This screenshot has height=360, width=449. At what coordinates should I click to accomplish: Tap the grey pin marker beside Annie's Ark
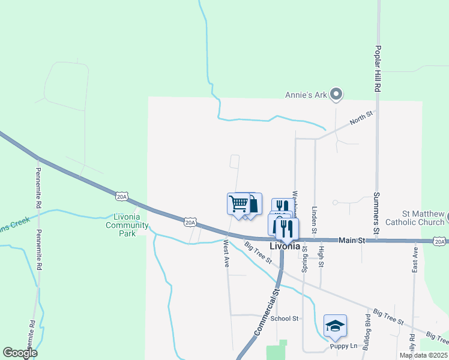click(337, 94)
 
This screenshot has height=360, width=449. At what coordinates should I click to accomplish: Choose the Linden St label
click(314, 218)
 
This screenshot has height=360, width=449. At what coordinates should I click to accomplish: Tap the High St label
click(322, 256)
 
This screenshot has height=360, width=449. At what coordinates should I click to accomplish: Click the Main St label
click(352, 240)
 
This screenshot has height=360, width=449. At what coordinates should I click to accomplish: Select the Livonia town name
click(284, 246)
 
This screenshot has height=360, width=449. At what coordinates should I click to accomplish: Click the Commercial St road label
click(268, 311)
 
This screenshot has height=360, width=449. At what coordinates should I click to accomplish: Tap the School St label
click(285, 319)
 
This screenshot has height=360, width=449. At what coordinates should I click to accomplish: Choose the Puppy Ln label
click(343, 346)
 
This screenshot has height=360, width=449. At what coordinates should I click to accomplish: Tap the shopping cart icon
click(239, 204)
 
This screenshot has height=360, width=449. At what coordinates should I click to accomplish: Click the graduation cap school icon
click(335, 326)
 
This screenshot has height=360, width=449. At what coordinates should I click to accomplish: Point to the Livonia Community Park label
click(127, 225)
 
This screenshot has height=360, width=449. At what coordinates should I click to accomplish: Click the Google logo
click(20, 353)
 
